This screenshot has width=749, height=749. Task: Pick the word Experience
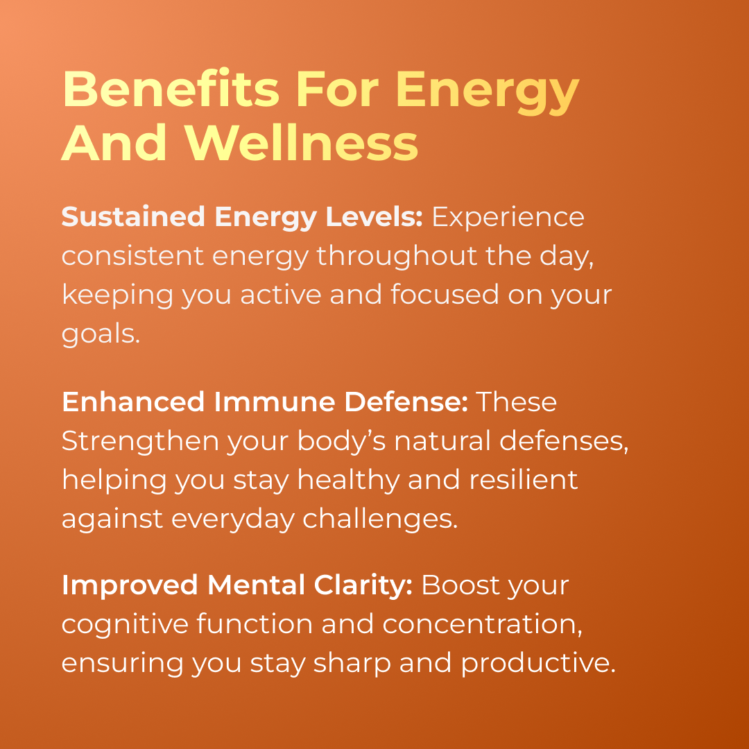pyautogui.click(x=508, y=217)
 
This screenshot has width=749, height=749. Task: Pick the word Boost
pyautogui.click(x=459, y=585)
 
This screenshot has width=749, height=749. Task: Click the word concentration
pyautogui.click(x=483, y=624)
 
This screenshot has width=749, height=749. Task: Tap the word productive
pyautogui.click(x=537, y=664)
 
